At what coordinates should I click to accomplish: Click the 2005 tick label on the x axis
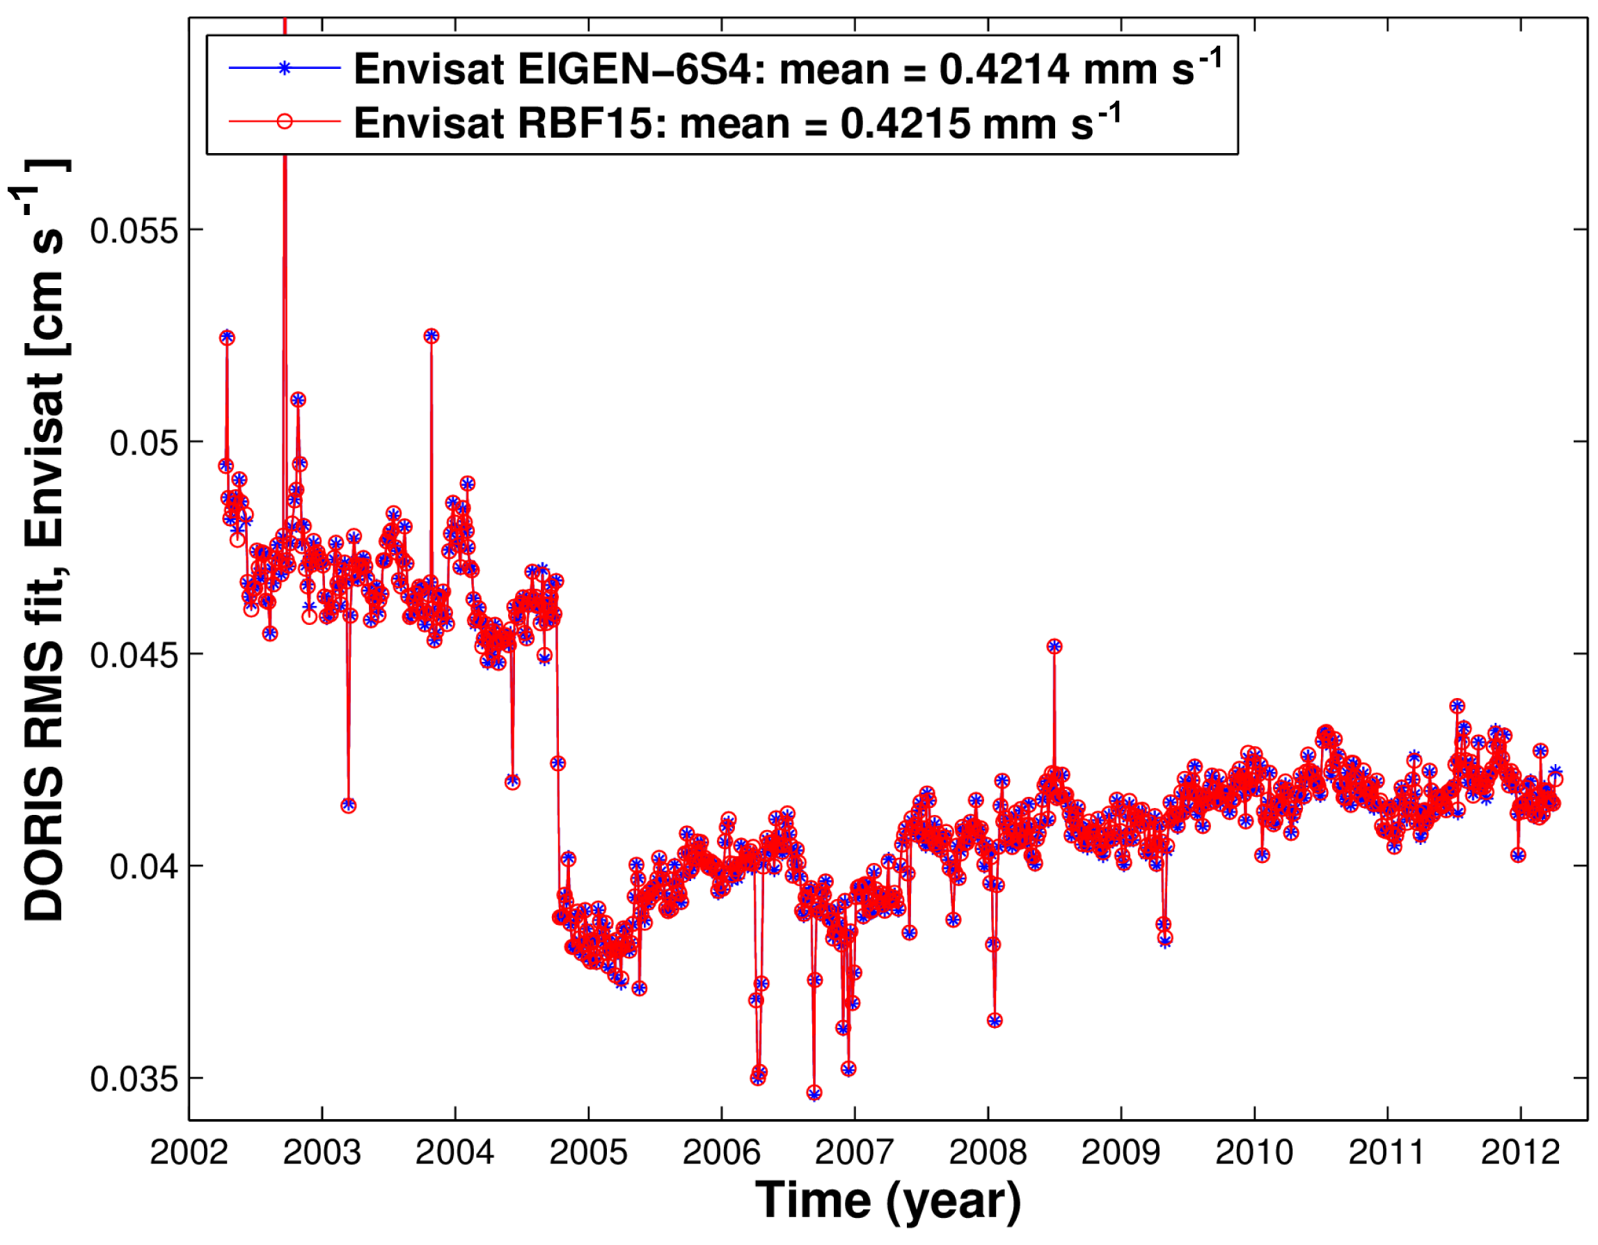pyautogui.click(x=588, y=1153)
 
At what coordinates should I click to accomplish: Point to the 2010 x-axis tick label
pyautogui.click(x=1254, y=1153)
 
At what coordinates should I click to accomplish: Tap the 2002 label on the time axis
pyautogui.click(x=189, y=1153)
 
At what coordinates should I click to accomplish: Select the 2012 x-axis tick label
pyautogui.click(x=1521, y=1153)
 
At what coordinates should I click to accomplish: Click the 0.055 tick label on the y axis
pyautogui.click(x=134, y=231)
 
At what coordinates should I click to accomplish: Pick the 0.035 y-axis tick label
pyautogui.click(x=134, y=1079)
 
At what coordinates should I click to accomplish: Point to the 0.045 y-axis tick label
pyautogui.click(x=134, y=656)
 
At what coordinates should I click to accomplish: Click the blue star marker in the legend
pyautogui.click(x=285, y=68)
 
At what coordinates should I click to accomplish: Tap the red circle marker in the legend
pyautogui.click(x=285, y=121)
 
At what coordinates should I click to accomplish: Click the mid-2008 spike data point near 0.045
pyautogui.click(x=1054, y=646)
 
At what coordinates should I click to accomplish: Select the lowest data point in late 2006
pyautogui.click(x=814, y=1093)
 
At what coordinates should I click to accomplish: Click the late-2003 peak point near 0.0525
pyautogui.click(x=431, y=335)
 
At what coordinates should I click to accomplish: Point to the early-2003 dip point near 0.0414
pyautogui.click(x=348, y=805)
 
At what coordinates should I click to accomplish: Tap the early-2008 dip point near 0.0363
pyautogui.click(x=995, y=1020)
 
